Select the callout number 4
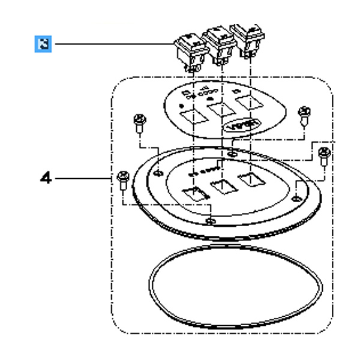[x=44, y=178]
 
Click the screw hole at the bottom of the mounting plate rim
[x=209, y=221]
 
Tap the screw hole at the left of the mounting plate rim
[x=157, y=173]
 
